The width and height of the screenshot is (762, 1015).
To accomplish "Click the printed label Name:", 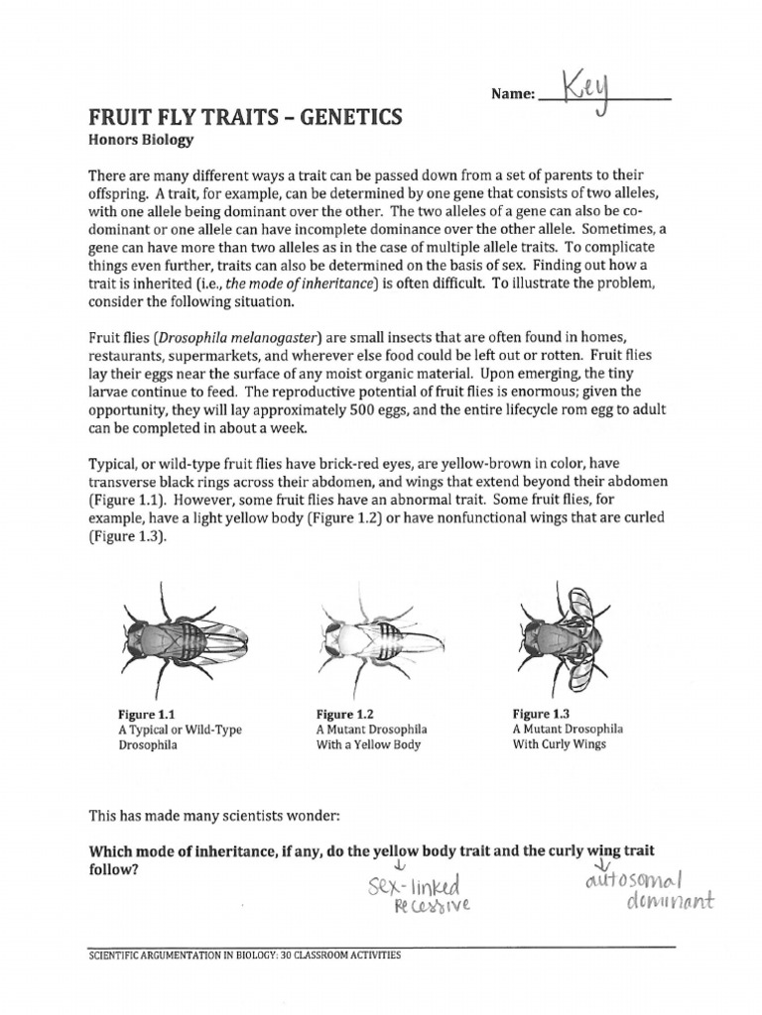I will coord(512,95).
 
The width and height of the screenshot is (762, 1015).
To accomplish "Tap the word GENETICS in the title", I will coord(343,116).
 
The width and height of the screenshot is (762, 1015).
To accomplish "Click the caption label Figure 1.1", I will coord(146,714).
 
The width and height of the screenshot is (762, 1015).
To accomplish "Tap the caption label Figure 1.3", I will coord(541,713).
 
